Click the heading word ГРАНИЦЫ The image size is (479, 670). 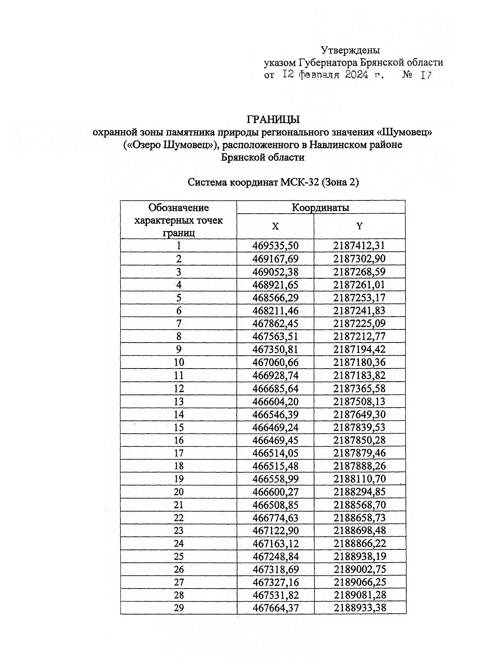273,119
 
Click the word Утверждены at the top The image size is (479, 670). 350,50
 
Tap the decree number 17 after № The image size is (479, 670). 426,75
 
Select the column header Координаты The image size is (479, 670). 321,208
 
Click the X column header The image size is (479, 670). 275,226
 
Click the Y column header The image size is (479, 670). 360,226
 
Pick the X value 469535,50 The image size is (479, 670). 275,246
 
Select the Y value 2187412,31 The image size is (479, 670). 360,246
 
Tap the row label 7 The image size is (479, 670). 179,323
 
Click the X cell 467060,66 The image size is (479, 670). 275,363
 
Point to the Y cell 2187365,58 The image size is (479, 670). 360,389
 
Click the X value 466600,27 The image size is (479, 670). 275,492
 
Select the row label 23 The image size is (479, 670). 179,531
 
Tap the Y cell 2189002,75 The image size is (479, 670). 360,569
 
